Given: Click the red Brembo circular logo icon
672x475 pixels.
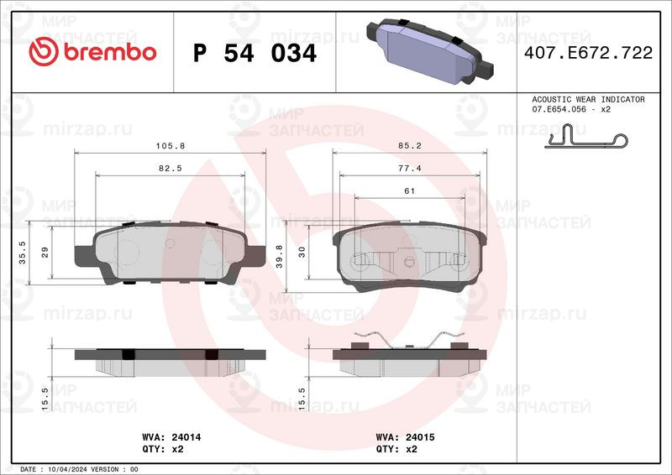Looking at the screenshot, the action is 44,51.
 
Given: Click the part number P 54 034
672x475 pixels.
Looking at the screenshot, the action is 255,53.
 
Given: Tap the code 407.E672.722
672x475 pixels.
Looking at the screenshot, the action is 588,53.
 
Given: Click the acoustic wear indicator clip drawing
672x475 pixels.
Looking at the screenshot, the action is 585,136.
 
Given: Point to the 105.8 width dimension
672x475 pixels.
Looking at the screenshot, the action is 171,146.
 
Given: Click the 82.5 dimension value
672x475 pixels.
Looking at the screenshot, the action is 171,169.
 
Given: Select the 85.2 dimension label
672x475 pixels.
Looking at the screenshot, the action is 409,146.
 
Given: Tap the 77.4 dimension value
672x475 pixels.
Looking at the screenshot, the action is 409,169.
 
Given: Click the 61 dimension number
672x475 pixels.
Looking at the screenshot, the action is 409,191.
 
